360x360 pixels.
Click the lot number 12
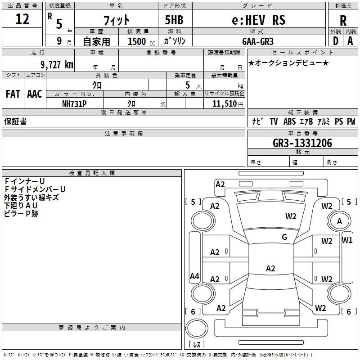22,20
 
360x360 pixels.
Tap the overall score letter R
343,21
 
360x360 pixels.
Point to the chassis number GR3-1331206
302,143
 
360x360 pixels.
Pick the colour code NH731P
74,103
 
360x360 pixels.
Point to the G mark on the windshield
284,237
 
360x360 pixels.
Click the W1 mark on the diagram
347,240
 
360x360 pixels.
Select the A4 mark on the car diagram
194,276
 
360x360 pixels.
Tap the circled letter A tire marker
339,221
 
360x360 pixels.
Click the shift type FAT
13,94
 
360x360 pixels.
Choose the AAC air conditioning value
35,94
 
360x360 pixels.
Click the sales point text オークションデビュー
288,63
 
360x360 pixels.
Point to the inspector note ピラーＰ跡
21,214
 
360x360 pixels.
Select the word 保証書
15,121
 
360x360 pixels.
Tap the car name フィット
117,20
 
